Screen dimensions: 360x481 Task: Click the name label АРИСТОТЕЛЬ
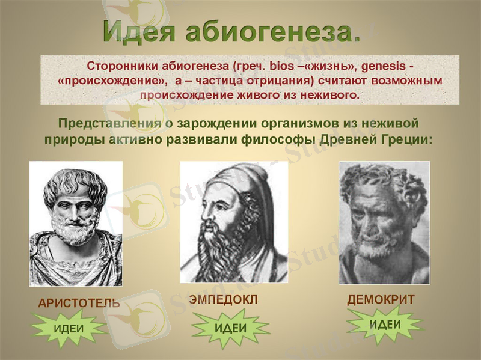point(79,304)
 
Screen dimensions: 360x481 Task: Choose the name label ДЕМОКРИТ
point(381,300)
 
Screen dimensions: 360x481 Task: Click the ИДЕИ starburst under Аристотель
point(69,329)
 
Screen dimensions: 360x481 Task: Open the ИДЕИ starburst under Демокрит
point(385,325)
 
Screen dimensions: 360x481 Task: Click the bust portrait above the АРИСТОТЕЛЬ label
point(76,224)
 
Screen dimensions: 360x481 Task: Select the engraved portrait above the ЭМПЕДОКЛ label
point(234,222)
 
